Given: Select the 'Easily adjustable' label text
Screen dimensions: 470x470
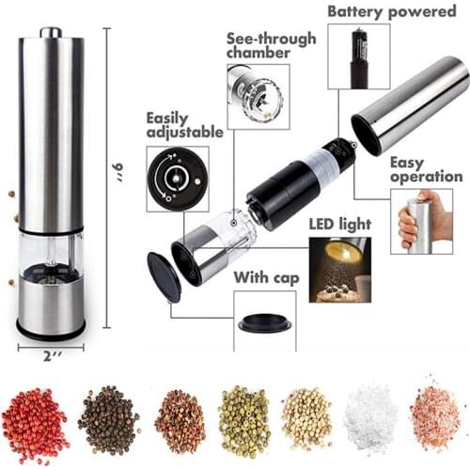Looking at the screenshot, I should [183, 125].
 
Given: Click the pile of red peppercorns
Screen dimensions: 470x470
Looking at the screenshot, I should [35, 420].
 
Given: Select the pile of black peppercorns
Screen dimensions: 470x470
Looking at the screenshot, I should [107, 420].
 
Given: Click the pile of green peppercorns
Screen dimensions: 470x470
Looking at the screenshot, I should [243, 419].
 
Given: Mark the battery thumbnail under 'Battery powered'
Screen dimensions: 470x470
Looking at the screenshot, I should [357, 56].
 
